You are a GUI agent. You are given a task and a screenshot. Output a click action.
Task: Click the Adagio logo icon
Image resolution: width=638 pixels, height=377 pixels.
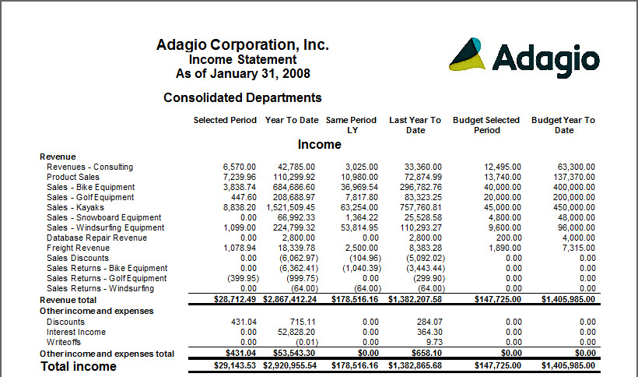(468, 55)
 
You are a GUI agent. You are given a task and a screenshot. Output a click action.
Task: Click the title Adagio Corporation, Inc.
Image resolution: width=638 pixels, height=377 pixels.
(243, 44)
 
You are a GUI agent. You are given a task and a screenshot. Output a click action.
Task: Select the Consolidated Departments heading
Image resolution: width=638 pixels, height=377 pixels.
(243, 97)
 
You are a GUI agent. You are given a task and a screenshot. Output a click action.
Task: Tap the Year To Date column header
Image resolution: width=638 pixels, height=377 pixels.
(292, 120)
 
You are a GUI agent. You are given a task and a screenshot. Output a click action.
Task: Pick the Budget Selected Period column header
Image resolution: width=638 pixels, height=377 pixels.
(486, 125)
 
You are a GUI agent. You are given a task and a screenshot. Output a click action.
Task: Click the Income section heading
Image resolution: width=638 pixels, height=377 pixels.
(319, 144)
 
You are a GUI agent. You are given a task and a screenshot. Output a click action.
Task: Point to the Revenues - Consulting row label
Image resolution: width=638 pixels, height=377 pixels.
(89, 167)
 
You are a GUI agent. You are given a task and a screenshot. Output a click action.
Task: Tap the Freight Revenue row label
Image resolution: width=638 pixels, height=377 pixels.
(78, 248)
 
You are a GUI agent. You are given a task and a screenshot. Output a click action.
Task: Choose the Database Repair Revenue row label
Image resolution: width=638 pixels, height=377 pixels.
(96, 238)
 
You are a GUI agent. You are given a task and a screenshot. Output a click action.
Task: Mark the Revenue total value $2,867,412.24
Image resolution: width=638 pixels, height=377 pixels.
(291, 299)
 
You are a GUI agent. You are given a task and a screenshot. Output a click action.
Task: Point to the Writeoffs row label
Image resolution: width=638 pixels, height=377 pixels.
(65, 342)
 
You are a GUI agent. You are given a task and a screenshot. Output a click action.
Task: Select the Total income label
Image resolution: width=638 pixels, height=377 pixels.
(79, 366)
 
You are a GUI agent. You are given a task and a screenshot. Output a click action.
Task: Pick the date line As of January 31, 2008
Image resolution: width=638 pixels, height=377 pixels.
(243, 74)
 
